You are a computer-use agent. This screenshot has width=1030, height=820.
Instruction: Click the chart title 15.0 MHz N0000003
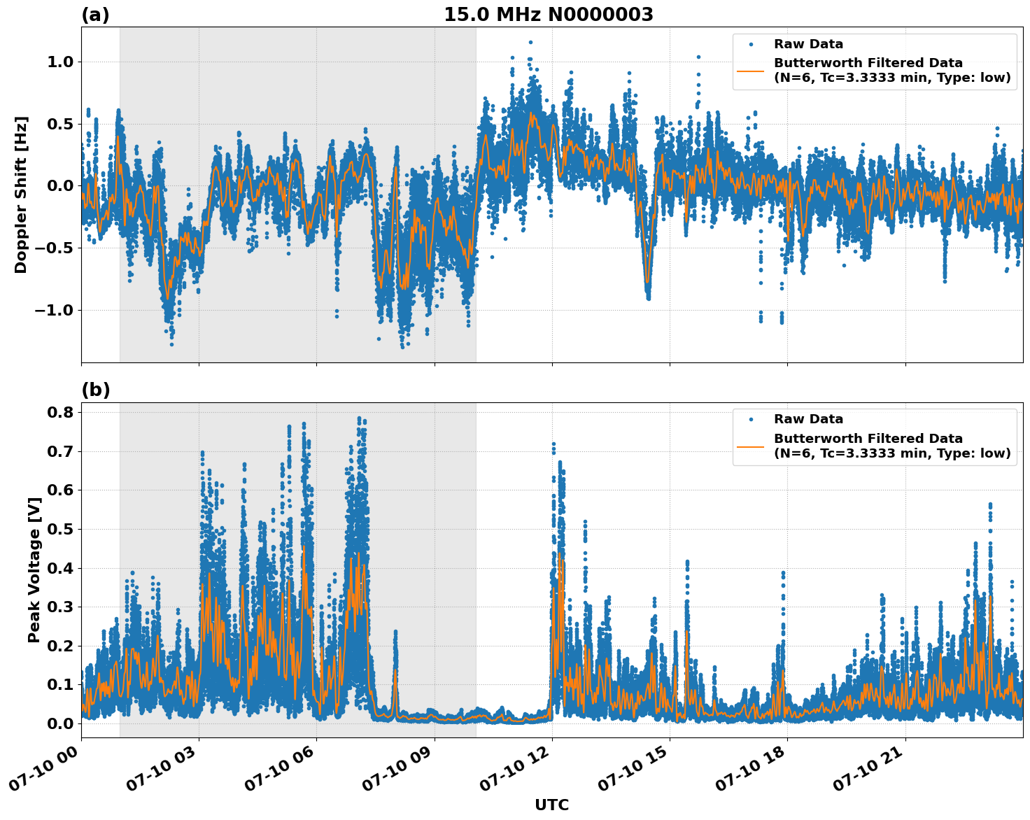pyautogui.click(x=549, y=15)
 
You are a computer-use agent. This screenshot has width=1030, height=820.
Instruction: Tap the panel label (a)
pyautogui.click(x=95, y=15)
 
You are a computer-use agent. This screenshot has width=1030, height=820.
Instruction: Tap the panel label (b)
pyautogui.click(x=95, y=390)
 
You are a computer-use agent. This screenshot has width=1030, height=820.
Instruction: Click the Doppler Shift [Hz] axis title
pyautogui.click(x=21, y=195)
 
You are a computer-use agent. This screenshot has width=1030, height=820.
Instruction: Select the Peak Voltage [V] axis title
pyautogui.click(x=34, y=570)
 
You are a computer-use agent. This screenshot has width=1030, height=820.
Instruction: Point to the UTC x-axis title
pyautogui.click(x=551, y=805)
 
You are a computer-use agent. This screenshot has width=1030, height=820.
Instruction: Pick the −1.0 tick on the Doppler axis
pyautogui.click(x=54, y=311)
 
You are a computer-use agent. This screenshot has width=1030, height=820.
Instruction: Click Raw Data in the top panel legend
pyautogui.click(x=808, y=44)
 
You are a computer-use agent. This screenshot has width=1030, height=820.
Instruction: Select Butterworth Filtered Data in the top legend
pyautogui.click(x=868, y=63)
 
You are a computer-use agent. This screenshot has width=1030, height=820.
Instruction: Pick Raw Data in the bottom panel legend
pyautogui.click(x=808, y=419)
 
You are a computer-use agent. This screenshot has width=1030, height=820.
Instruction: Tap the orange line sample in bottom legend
pyautogui.click(x=751, y=446)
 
